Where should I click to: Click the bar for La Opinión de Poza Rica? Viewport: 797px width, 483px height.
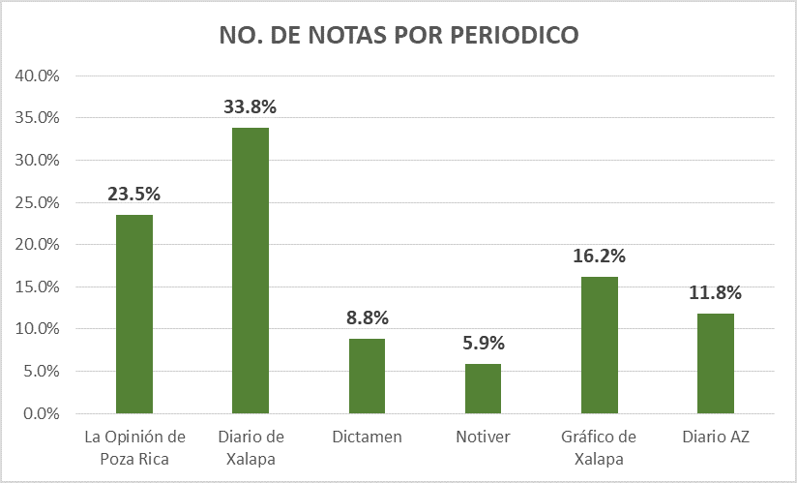click(134, 315)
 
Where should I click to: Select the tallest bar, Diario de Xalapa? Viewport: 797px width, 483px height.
click(251, 271)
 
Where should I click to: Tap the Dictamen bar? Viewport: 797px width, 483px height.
click(367, 377)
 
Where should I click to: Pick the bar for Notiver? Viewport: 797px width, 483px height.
click(483, 389)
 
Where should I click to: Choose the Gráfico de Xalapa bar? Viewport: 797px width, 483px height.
click(599, 346)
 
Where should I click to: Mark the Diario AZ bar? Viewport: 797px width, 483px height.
click(715, 364)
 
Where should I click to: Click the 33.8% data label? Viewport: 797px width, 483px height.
click(251, 106)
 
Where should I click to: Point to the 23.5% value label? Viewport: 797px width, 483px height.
click(134, 194)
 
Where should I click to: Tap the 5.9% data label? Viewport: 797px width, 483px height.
click(483, 343)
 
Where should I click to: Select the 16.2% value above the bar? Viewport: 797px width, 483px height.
click(599, 257)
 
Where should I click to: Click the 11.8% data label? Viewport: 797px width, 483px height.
click(715, 293)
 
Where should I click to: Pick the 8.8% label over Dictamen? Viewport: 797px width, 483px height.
click(367, 318)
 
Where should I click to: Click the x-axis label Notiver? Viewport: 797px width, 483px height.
click(483, 438)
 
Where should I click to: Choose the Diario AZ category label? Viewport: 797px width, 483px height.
click(715, 438)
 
